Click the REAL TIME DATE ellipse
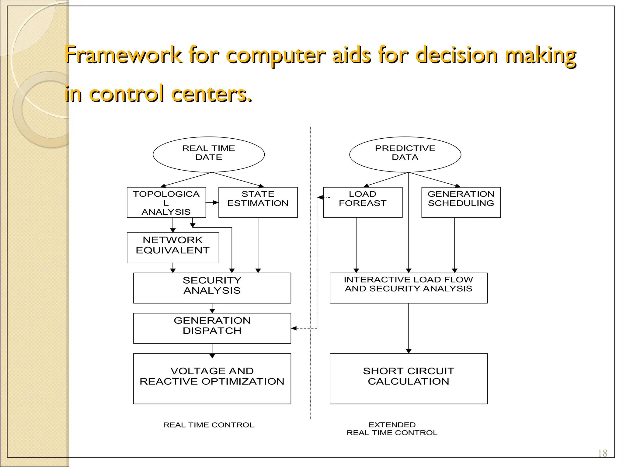209,154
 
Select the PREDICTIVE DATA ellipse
405,154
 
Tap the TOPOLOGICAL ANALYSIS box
166,202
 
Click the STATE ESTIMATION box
258,202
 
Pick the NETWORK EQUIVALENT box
173,248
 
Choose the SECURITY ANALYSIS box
212,288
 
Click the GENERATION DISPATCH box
212,328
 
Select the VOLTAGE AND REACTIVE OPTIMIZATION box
212,379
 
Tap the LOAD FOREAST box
363,202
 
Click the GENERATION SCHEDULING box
461,202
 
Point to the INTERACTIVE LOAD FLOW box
409,288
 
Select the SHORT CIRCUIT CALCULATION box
409,379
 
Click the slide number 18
602,453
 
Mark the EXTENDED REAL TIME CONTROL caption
392,429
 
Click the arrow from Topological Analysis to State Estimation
212,202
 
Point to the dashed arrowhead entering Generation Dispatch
294,328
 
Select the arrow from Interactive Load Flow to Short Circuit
409,328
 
